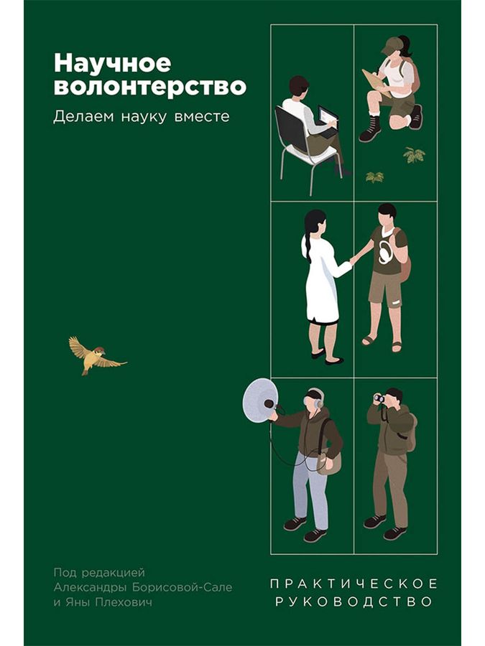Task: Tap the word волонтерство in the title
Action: coord(150,87)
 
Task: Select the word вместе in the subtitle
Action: coord(202,116)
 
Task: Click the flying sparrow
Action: coord(97,355)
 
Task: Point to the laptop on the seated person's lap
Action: coord(327,121)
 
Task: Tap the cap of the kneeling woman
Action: coord(392,45)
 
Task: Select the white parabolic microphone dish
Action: coord(260,401)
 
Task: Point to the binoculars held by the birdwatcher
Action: coord(379,398)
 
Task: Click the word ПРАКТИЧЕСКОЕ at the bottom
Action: coord(354,584)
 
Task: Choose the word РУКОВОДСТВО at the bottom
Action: coord(354,601)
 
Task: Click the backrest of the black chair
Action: coord(292,129)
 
